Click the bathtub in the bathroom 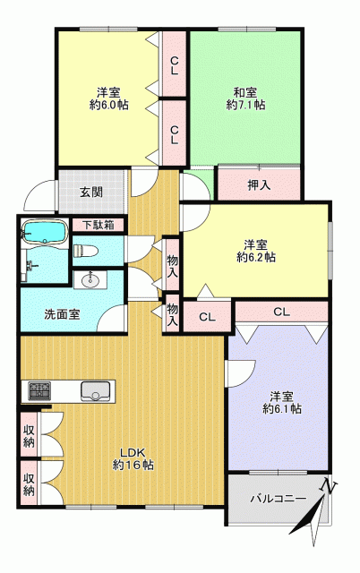(x=45, y=231)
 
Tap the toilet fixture (x=86, y=251)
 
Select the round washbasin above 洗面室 (x=90, y=280)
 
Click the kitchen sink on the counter (x=96, y=391)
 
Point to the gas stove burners (x=39, y=391)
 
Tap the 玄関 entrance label (x=91, y=192)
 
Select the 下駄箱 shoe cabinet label (x=98, y=225)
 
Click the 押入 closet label (x=259, y=185)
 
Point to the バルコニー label (x=279, y=499)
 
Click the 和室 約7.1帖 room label (x=245, y=98)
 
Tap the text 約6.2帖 (x=256, y=257)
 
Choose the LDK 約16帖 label (x=133, y=458)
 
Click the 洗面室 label (x=62, y=314)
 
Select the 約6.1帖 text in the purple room (x=282, y=408)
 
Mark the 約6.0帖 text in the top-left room (x=108, y=106)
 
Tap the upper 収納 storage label (x=29, y=436)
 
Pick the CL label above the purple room (x=282, y=312)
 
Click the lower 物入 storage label (x=173, y=314)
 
